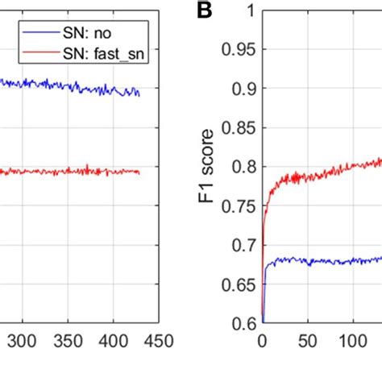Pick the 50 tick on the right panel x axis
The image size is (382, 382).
307,342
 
